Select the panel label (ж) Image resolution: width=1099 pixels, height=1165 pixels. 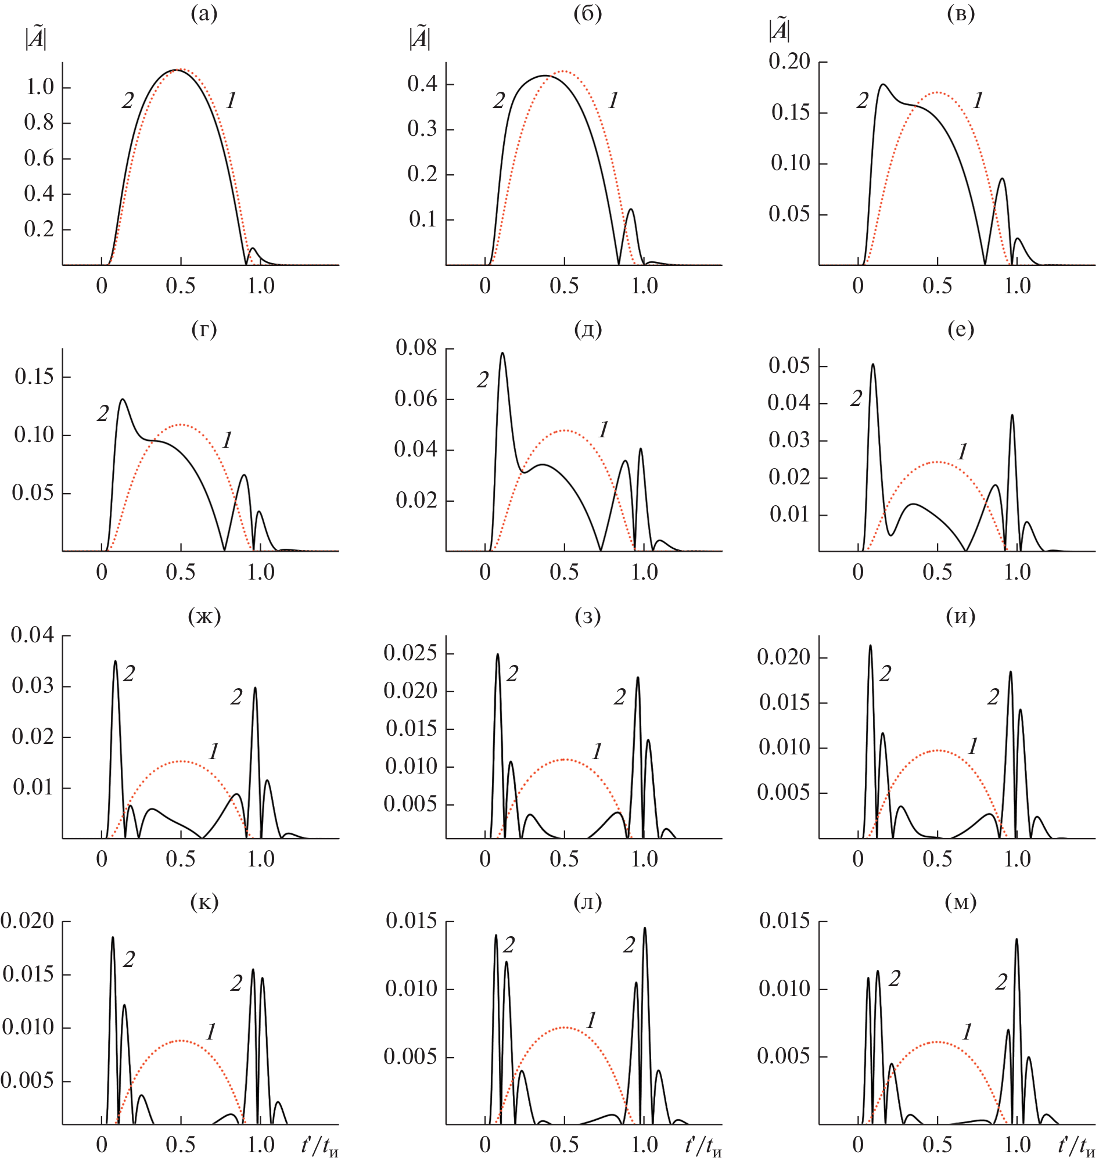pos(204,616)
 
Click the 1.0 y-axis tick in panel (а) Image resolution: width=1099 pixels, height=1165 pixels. pos(39,88)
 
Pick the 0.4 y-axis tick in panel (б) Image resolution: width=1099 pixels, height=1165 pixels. pos(422,84)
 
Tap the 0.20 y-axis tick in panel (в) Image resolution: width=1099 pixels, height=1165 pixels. pos(789,62)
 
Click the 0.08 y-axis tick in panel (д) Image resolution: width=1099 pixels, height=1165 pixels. pos(416,347)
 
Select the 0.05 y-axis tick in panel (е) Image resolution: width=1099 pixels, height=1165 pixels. pos(789,366)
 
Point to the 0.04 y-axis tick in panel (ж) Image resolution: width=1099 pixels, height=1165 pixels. pos(32,635)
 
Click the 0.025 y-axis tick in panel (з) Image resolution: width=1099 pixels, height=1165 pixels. pos(410,653)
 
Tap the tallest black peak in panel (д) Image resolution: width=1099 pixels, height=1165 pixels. pos(502,353)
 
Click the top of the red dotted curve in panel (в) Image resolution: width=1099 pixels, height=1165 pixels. pos(938,92)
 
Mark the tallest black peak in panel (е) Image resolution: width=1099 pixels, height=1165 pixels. pos(873,365)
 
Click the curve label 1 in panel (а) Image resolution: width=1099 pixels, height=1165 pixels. pos(232,102)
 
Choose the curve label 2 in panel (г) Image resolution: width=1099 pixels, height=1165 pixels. pos(103,414)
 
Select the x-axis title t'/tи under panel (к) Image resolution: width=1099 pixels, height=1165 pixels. pos(319,1145)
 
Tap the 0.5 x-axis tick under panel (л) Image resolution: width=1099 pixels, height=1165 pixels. pos(564,1145)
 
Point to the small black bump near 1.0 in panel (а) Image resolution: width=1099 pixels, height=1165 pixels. pos(253,249)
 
